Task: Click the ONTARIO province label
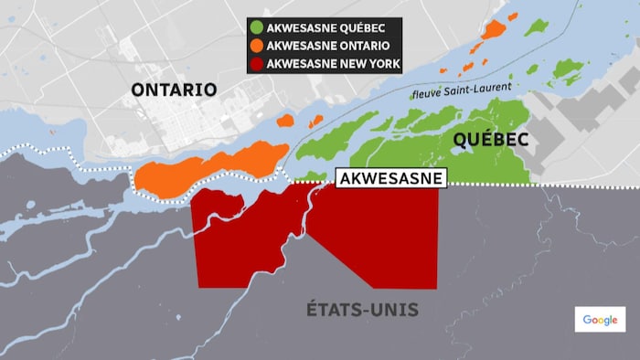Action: tap(174, 90)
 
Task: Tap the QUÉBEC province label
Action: tap(489, 140)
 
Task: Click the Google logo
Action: tap(600, 319)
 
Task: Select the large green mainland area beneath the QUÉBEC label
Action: tap(475, 164)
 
